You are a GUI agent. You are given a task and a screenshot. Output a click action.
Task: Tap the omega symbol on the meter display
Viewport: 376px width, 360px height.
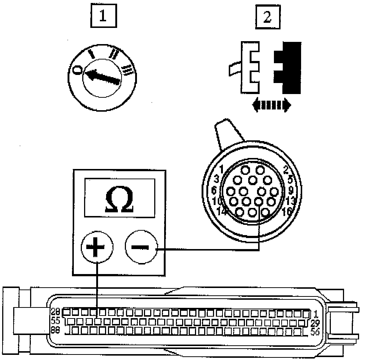(x=119, y=200)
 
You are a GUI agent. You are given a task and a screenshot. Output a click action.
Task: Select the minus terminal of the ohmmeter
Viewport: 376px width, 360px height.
(x=141, y=247)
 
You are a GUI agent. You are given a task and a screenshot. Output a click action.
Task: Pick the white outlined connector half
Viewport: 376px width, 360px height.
(x=250, y=67)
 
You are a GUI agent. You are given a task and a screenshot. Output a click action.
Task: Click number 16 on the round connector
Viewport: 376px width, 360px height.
(x=288, y=211)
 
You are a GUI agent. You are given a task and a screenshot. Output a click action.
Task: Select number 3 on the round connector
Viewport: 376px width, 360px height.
(x=216, y=179)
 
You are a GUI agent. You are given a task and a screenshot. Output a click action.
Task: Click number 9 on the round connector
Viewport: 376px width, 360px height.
(x=290, y=190)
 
